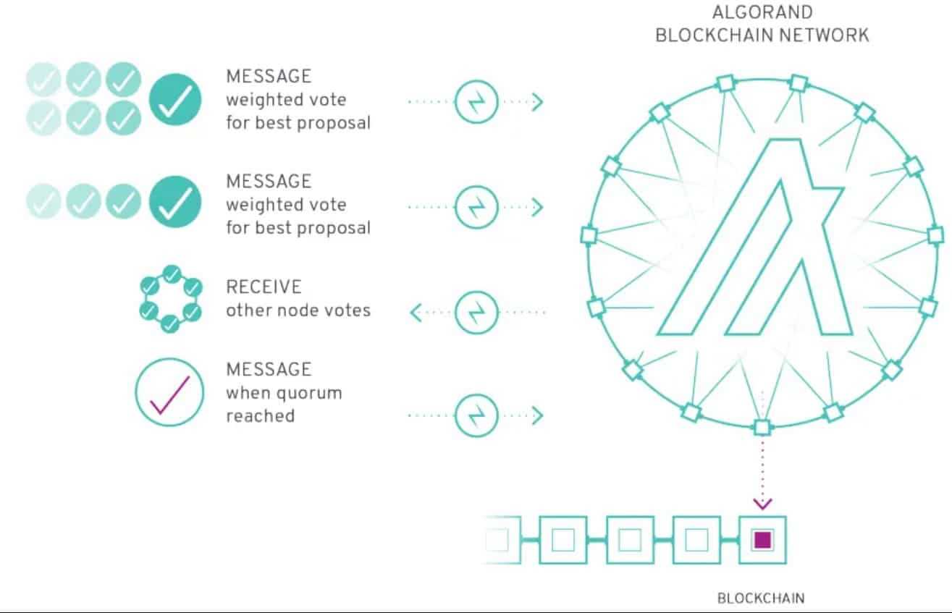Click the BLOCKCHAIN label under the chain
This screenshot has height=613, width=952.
pos(761,598)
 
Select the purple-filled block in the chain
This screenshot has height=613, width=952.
pos(762,540)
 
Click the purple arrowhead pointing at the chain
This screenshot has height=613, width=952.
pos(762,503)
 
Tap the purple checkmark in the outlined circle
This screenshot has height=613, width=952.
pos(169,394)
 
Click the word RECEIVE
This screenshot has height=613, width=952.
pos(264,287)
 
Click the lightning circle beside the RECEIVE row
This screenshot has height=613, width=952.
pos(475,313)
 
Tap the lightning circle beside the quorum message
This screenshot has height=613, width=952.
pos(475,415)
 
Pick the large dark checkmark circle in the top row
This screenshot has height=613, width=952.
pos(175,101)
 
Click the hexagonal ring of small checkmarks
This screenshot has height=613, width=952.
pos(169,299)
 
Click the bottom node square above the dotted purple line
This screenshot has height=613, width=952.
pos(762,427)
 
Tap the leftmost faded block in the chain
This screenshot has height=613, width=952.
pos(500,540)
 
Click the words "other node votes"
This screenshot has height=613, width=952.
pos(298,310)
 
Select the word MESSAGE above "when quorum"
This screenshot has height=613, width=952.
pos(269,369)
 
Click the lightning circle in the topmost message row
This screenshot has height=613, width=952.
pos(475,102)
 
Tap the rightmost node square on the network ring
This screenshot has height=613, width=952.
pos(935,234)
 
